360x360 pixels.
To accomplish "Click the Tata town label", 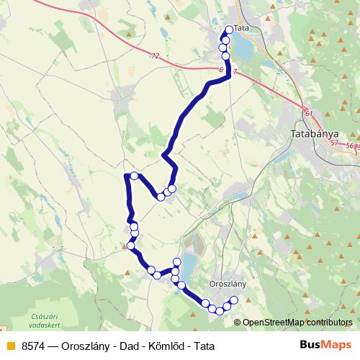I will [x=241, y=28].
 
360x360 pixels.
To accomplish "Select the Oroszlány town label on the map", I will [x=227, y=284].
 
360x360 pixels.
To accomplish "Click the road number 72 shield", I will [x=156, y=55].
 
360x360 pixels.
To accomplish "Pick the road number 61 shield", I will [x=309, y=113].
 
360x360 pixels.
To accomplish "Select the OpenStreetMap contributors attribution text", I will [x=297, y=323].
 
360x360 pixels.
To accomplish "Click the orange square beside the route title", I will [x=10, y=346].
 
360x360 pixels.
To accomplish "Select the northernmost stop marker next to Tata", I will [x=230, y=30].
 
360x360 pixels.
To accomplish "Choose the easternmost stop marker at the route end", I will [x=233, y=300].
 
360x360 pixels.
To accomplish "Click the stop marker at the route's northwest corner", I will [x=134, y=176].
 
